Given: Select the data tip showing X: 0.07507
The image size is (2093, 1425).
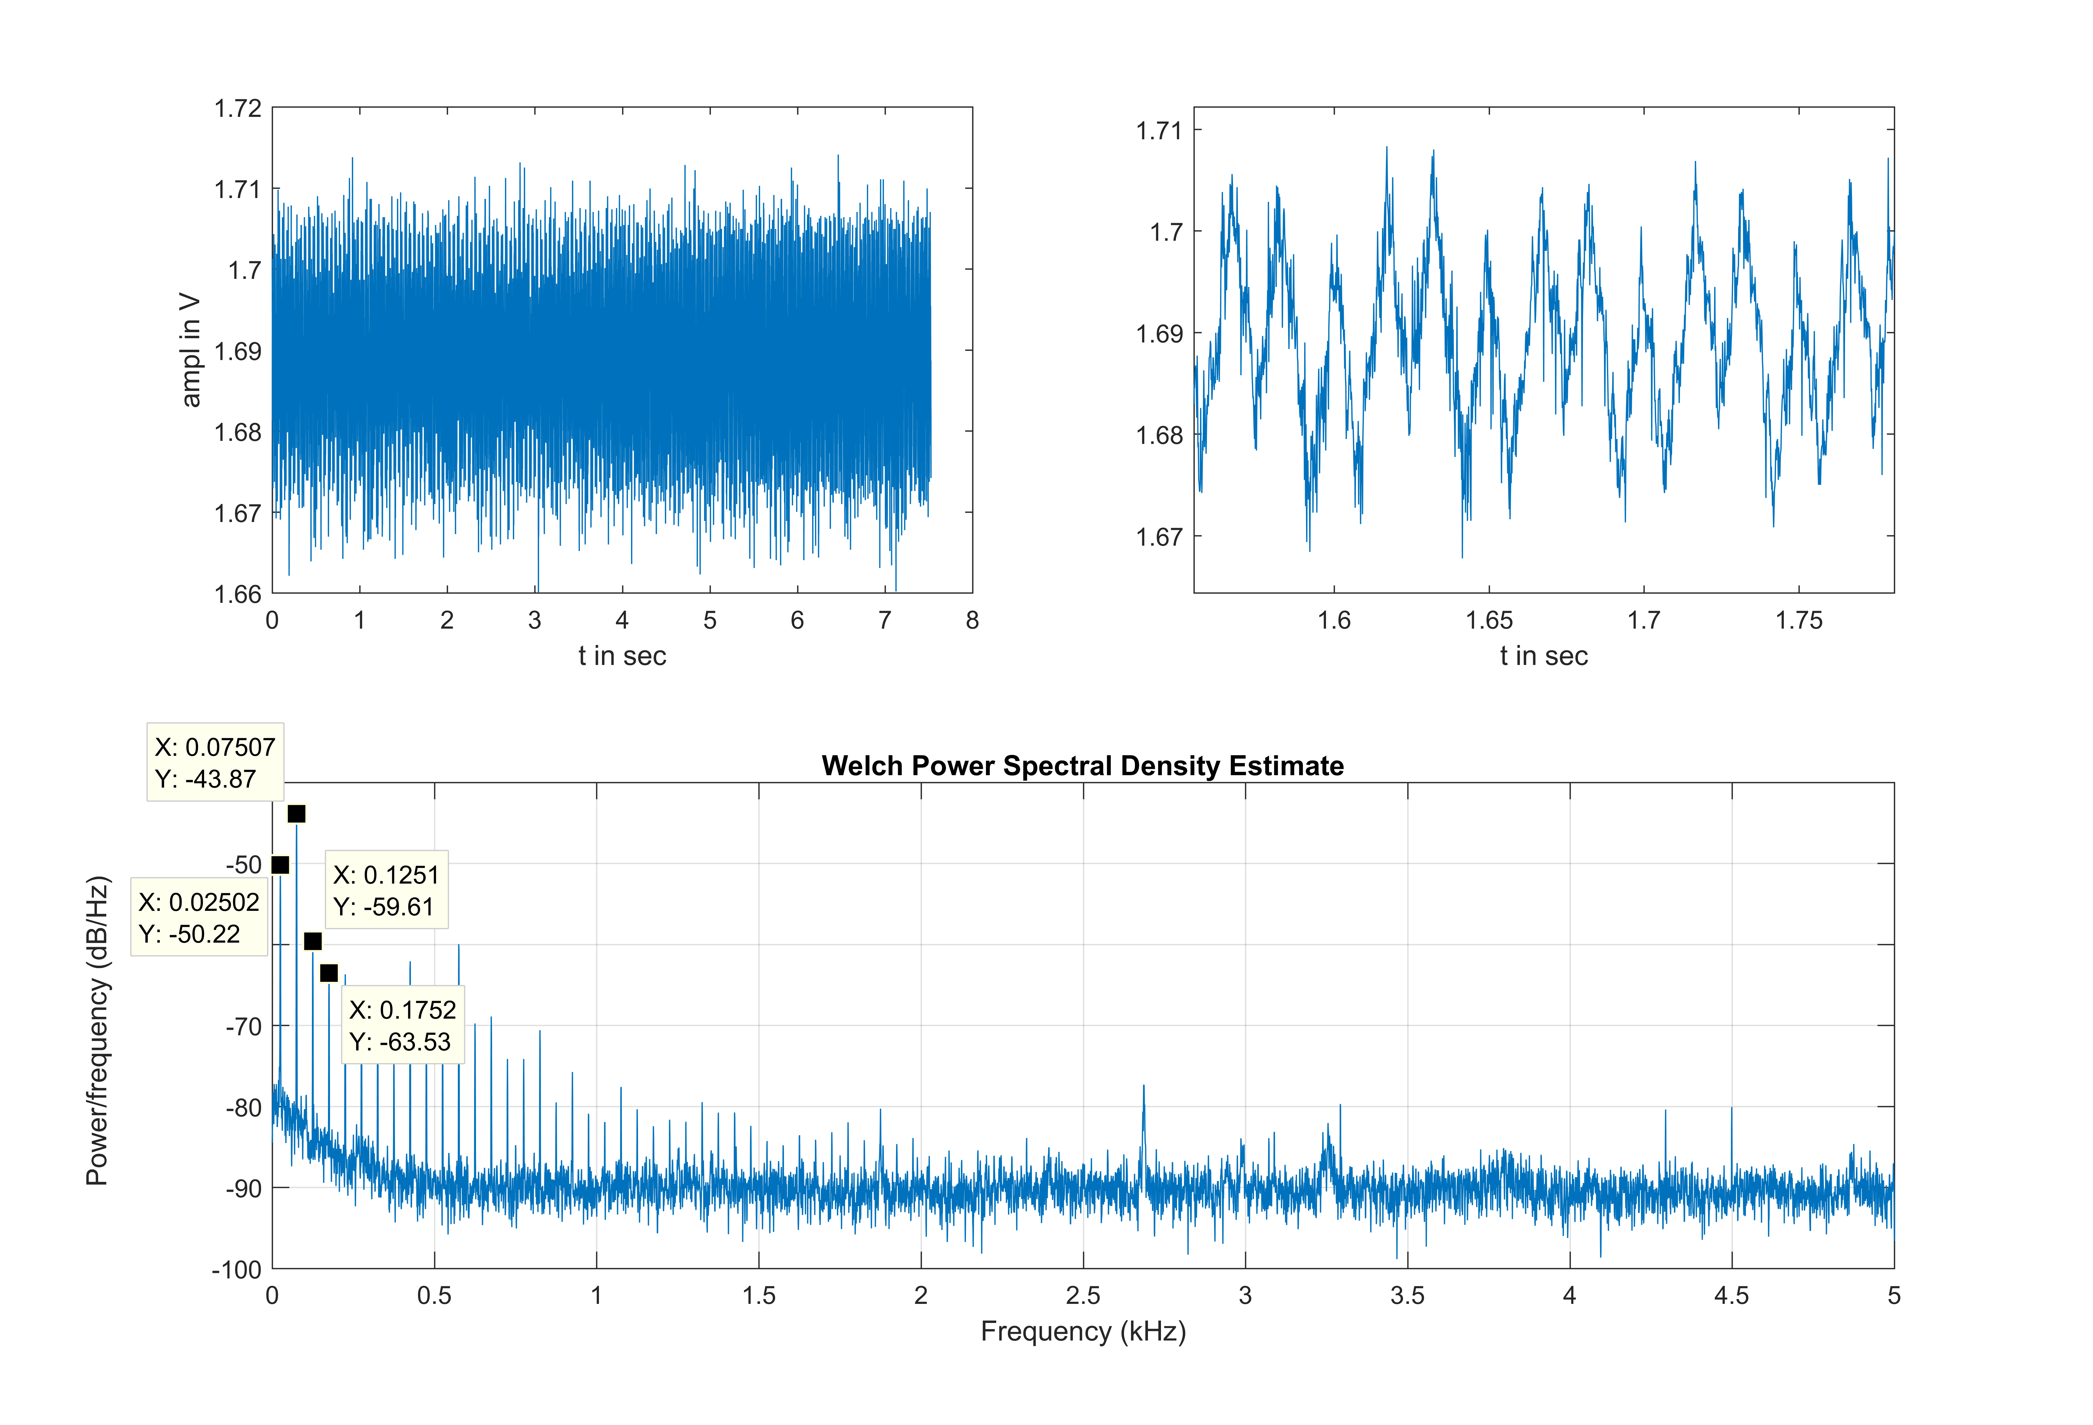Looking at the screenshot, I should pos(215,762).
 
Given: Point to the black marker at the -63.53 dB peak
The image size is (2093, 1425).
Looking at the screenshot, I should pos(329,973).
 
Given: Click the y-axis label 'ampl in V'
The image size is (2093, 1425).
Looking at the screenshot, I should pos(190,350).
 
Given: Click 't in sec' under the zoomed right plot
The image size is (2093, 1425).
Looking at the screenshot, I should pos(1544,656).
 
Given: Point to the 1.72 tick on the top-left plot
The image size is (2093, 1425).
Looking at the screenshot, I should pos(238,109).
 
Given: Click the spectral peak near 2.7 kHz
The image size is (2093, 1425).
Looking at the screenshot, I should pos(1144,1087).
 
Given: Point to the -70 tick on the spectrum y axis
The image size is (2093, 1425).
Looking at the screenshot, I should pos(243,1026).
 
